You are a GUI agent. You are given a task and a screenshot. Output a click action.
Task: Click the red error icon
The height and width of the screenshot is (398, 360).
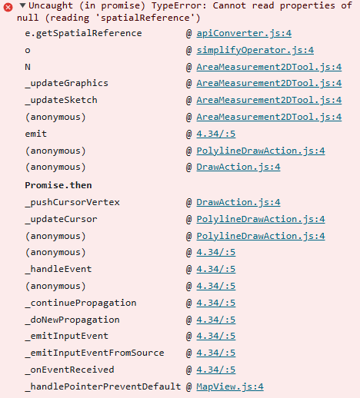tap(8, 7)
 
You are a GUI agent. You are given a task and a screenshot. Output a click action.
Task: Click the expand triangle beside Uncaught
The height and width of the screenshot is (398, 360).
tap(23, 5)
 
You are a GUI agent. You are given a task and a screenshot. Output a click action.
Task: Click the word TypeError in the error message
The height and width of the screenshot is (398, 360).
tap(179, 5)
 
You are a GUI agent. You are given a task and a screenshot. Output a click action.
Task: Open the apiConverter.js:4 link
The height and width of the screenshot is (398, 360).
tap(244, 33)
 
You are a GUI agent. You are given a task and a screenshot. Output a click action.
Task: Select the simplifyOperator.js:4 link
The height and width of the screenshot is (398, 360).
tap(255, 50)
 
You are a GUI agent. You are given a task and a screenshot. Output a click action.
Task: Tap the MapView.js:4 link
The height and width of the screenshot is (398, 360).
tap(230, 386)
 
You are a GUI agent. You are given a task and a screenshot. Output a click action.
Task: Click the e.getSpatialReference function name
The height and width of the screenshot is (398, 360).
tap(83, 33)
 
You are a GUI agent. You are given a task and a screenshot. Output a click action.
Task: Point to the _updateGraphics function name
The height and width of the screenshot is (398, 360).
tap(67, 84)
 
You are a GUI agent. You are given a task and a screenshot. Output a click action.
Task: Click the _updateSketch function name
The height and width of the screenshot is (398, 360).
tap(62, 100)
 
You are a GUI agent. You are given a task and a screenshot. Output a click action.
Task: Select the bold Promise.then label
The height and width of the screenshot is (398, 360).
tap(58, 185)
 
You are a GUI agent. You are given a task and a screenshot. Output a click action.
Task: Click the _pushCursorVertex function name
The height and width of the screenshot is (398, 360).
tap(72, 202)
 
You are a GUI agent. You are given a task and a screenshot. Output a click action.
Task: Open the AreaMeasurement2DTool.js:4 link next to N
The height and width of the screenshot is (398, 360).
tap(269, 67)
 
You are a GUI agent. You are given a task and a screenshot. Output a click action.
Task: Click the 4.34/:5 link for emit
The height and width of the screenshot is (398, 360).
tap(216, 134)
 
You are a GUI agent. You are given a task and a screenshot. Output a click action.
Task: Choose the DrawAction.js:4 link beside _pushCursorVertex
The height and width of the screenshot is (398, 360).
tap(238, 202)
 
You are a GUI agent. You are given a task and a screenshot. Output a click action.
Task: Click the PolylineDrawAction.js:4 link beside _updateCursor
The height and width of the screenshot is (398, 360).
tap(261, 219)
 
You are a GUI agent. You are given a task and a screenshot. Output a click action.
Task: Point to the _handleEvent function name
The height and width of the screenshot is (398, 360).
tap(58, 269)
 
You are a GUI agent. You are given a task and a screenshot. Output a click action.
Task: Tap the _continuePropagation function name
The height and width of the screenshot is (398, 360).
tap(81, 303)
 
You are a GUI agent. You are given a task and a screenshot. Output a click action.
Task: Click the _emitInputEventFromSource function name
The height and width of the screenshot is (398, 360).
tap(95, 353)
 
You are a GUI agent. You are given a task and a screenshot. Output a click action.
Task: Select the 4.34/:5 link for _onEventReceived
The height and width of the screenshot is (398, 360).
tap(216, 370)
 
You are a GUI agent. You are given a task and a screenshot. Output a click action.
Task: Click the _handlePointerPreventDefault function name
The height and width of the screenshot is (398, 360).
tap(103, 386)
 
